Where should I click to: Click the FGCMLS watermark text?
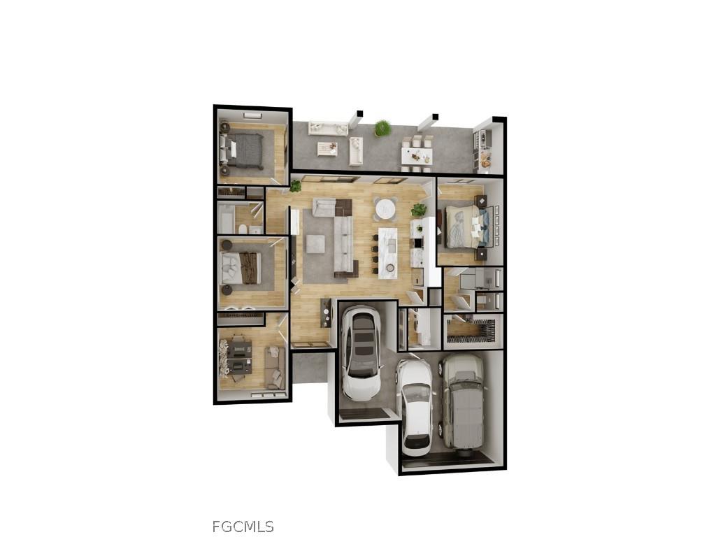click(x=243, y=527)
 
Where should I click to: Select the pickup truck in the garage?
click(x=462, y=401)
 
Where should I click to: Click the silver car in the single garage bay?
click(x=361, y=352)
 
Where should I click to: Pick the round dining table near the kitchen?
click(x=385, y=208)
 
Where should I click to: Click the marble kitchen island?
click(x=387, y=252)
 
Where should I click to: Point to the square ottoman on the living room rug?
click(x=315, y=243)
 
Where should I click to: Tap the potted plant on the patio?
click(x=382, y=128)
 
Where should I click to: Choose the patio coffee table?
click(x=327, y=148)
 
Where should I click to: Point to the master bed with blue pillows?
click(x=466, y=226)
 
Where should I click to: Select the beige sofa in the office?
click(x=273, y=366)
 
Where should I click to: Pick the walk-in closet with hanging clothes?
click(x=473, y=331)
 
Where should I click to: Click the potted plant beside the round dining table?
click(x=419, y=209)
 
